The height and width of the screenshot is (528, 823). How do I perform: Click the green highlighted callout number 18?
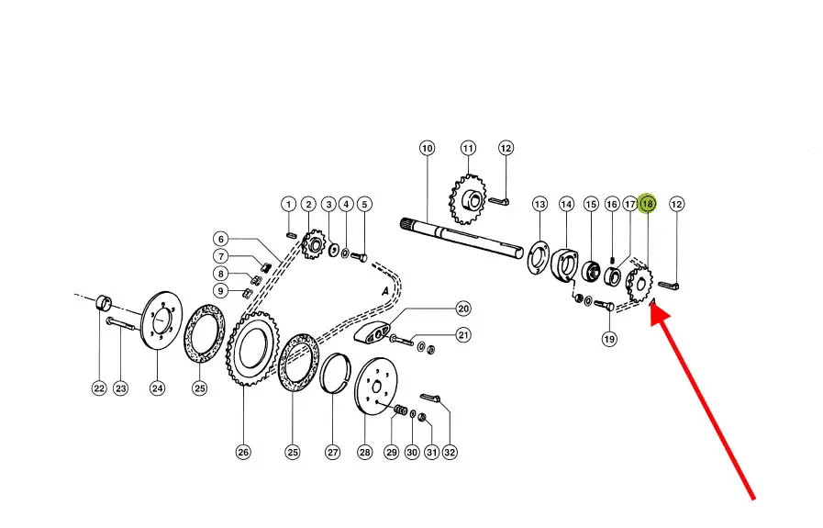tap(647, 203)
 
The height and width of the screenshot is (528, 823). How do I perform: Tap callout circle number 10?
tap(428, 148)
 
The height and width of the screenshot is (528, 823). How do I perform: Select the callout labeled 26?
tap(243, 452)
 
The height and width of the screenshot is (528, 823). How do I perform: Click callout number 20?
tap(463, 309)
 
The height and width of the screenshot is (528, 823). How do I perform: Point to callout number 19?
tap(609, 339)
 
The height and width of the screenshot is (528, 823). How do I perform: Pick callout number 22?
tap(99, 388)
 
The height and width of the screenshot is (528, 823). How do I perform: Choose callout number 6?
tap(221, 239)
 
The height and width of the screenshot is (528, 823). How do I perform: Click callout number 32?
tap(450, 452)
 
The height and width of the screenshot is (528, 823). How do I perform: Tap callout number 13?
tap(539, 204)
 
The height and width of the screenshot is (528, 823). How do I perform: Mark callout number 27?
tap(333, 452)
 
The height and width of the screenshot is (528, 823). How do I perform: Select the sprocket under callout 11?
tap(468, 199)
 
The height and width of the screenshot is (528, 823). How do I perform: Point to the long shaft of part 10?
tap(462, 239)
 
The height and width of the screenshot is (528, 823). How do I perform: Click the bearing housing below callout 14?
tap(564, 264)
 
